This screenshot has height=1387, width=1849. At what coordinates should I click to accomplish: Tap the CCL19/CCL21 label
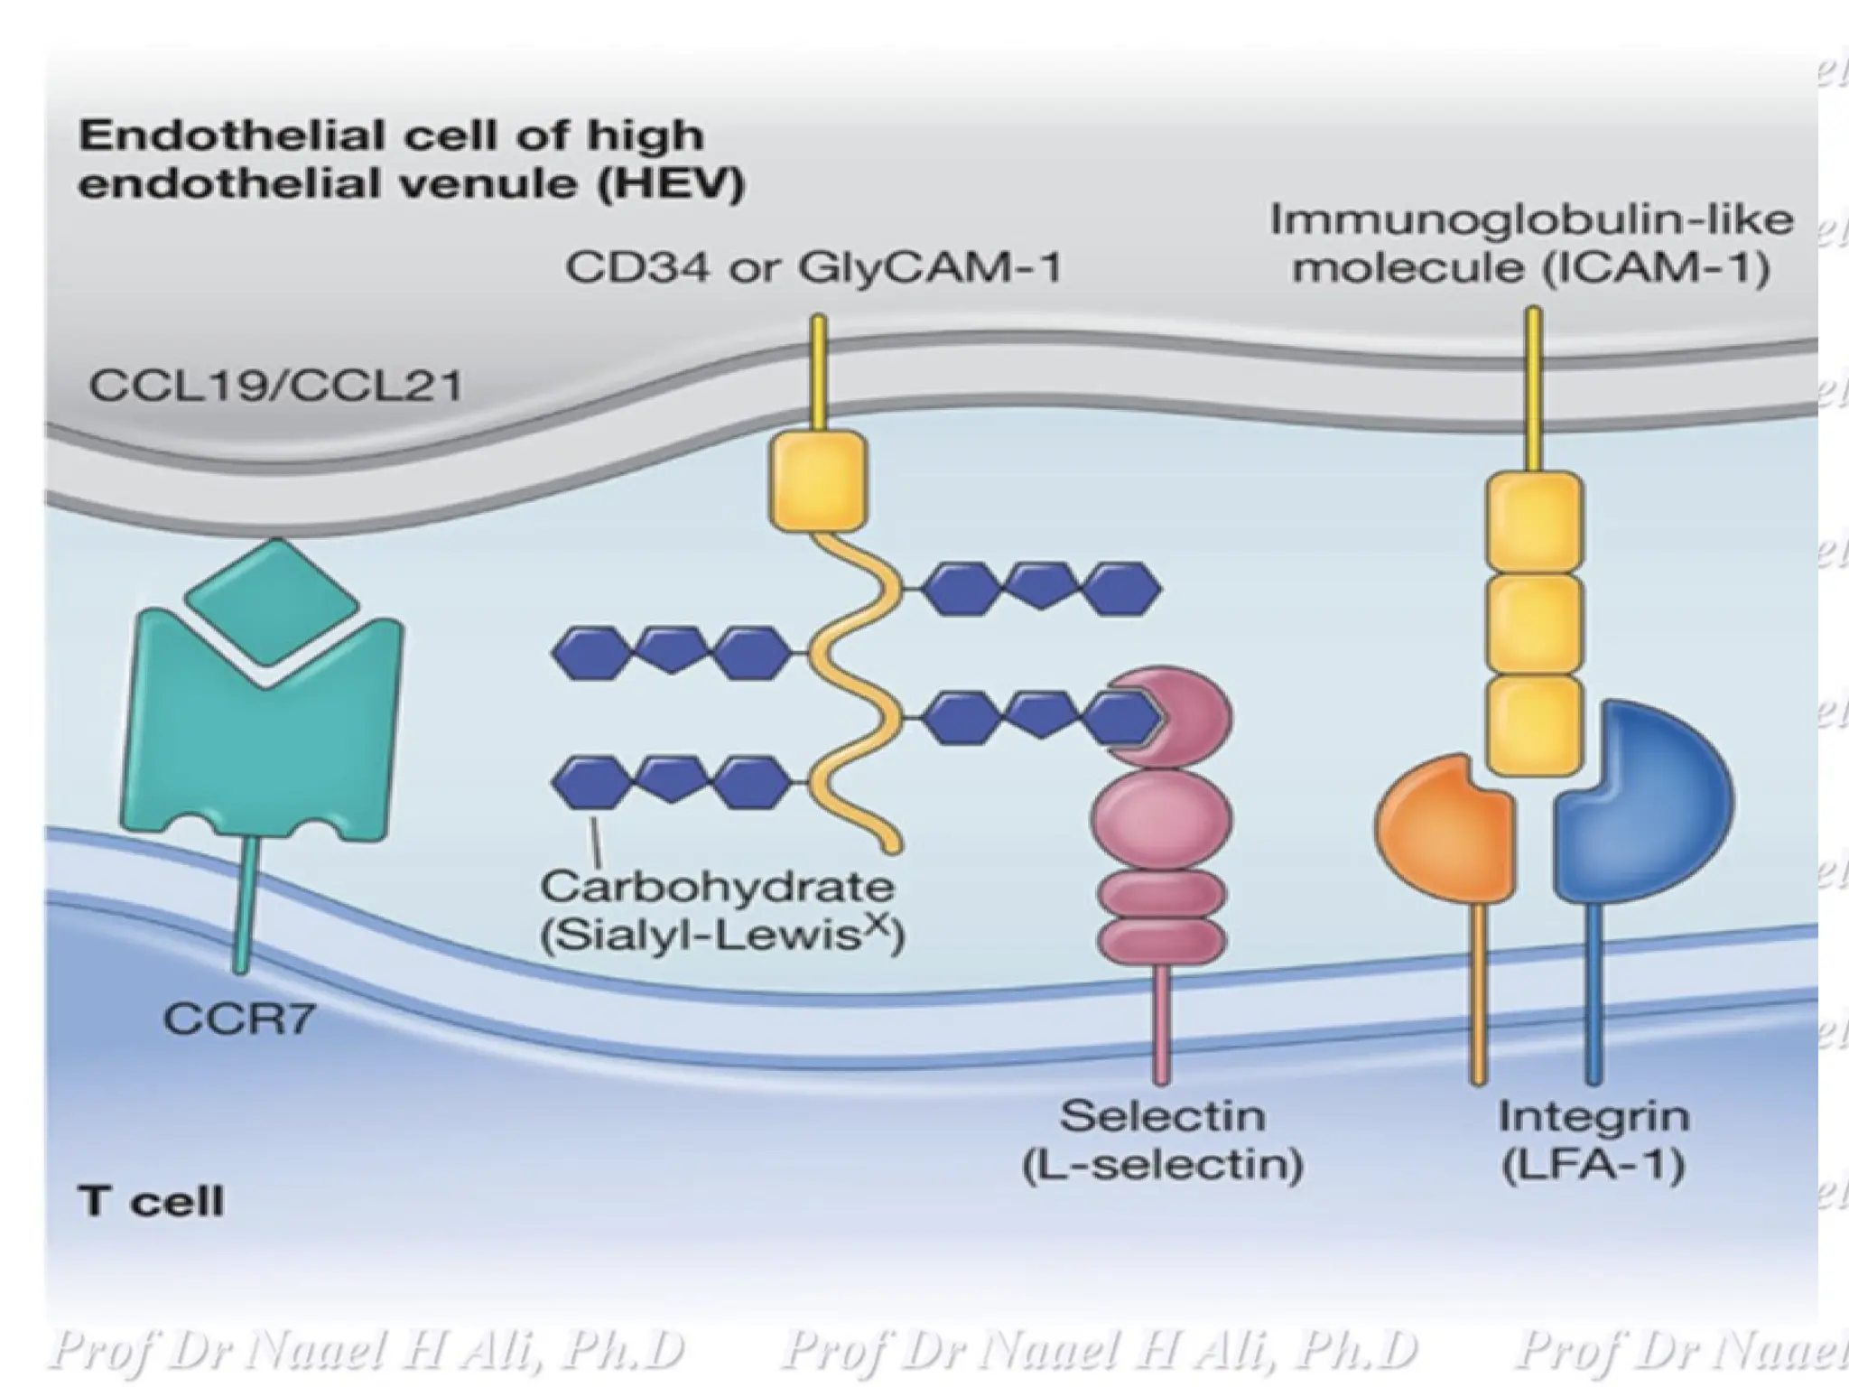(x=275, y=386)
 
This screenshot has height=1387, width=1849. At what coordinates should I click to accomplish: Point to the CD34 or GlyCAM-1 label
(x=813, y=267)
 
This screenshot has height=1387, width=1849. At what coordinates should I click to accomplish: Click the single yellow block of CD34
(x=818, y=480)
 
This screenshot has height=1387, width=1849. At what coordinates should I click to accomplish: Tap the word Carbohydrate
(x=717, y=887)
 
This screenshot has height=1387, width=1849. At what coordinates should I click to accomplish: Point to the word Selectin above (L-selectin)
(x=1162, y=1116)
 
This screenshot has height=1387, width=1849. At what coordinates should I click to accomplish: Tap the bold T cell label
(x=151, y=1202)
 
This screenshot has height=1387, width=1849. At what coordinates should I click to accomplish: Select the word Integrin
(x=1593, y=1116)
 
